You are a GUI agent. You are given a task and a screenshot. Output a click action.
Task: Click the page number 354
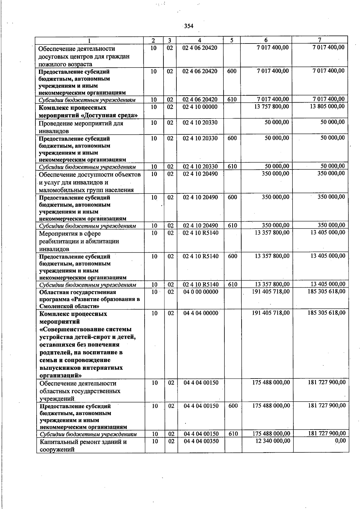[x=189, y=26]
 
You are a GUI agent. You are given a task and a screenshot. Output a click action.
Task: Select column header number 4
[x=199, y=40]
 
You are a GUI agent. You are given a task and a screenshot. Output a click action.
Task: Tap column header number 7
[x=320, y=40]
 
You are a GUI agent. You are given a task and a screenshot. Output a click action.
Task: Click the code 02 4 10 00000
[x=200, y=107]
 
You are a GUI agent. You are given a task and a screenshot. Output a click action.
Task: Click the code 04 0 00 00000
[x=201, y=292]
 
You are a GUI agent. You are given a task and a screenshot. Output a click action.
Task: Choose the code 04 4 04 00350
[x=201, y=441]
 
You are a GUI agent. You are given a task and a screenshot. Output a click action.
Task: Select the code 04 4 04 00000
[x=201, y=313]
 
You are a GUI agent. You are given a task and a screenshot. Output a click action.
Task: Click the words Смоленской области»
[x=69, y=306]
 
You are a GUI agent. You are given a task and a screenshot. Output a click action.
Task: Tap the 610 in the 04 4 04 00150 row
[x=233, y=433]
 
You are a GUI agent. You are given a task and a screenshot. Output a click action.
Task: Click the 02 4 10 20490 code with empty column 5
[x=200, y=174]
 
